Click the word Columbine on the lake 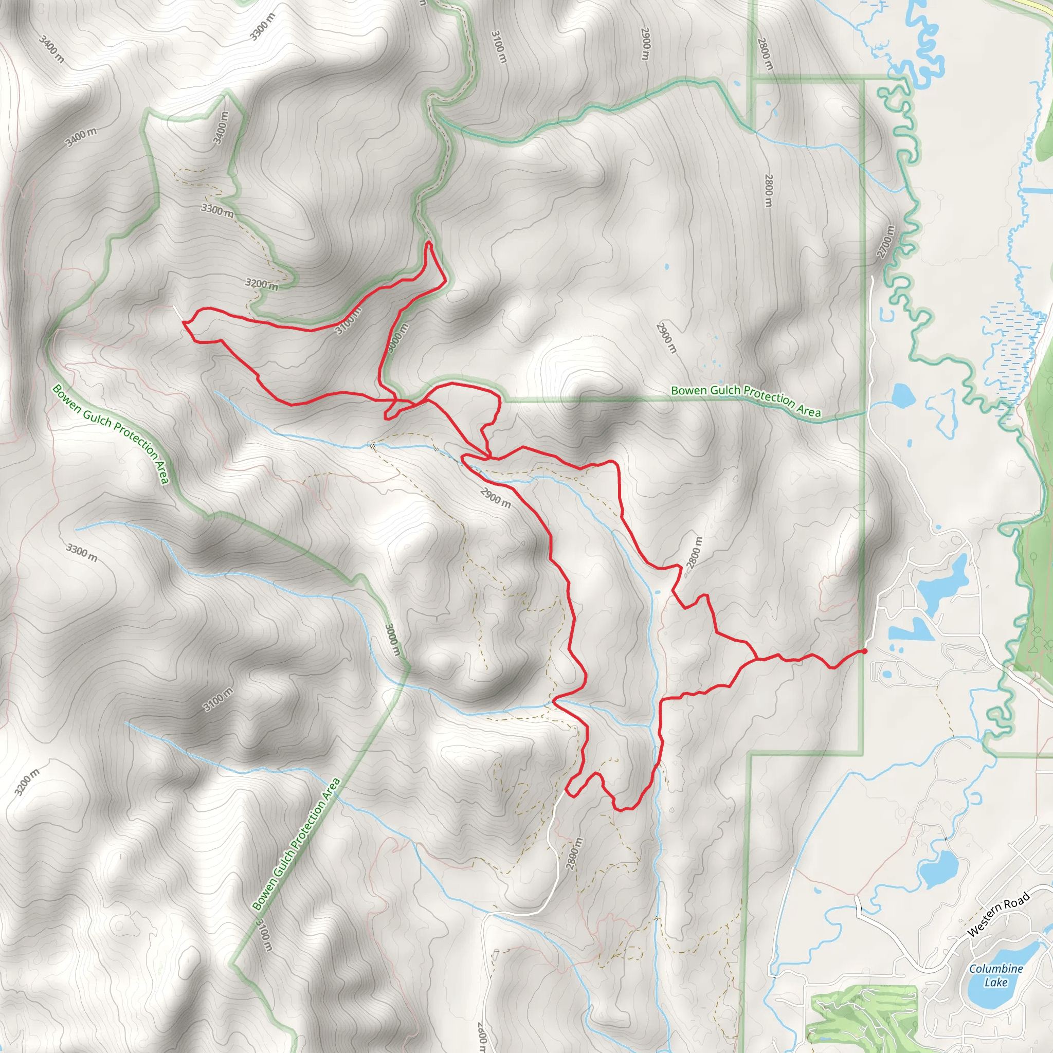(996, 969)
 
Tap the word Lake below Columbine (996, 982)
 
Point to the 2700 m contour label (886, 242)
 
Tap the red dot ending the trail (864, 651)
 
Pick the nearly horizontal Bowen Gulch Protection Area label (746, 401)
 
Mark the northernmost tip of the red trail (429, 242)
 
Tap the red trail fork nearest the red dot (756, 660)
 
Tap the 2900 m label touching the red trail (496, 497)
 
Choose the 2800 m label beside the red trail (695, 553)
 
